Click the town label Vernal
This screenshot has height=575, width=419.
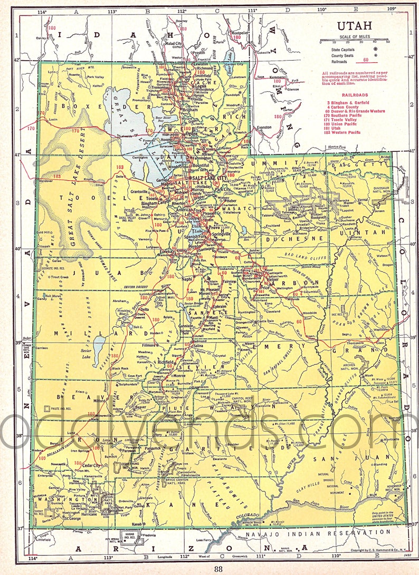[x=377, y=200]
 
